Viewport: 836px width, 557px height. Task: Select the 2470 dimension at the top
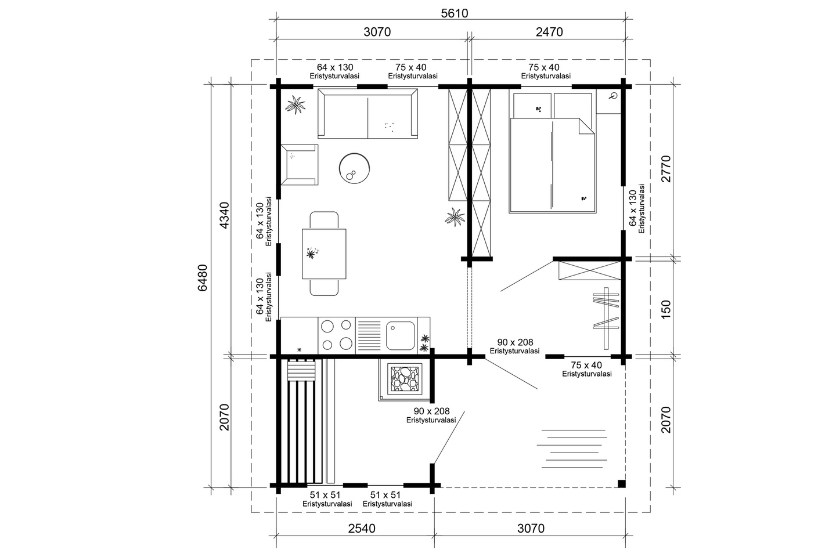pyautogui.click(x=549, y=32)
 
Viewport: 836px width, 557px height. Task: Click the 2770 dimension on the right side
pyautogui.click(x=665, y=169)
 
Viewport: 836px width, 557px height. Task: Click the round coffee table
pyautogui.click(x=354, y=168)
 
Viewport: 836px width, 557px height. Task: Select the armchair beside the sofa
pyautogui.click(x=299, y=164)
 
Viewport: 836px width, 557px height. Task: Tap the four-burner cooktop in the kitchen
pyautogui.click(x=337, y=335)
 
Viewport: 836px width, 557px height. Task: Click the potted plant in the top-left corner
pyautogui.click(x=296, y=106)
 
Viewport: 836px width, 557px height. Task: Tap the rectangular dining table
pyautogui.click(x=324, y=254)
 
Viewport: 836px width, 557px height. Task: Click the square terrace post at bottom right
pyautogui.click(x=621, y=483)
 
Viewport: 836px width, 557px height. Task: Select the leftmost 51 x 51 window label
pyautogui.click(x=327, y=499)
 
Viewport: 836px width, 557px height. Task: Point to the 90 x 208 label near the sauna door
pyautogui.click(x=431, y=415)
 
